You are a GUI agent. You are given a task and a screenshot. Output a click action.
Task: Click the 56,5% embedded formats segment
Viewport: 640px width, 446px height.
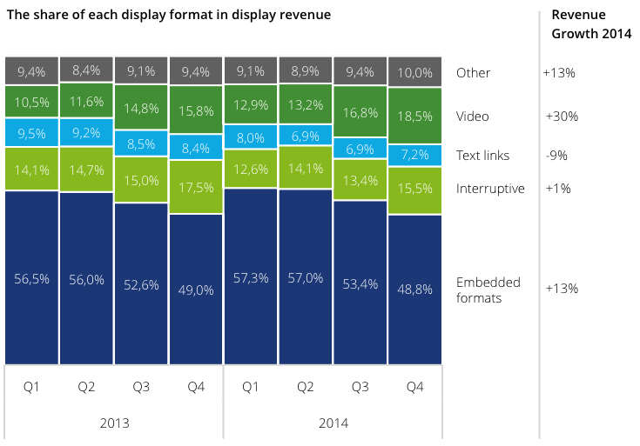(31, 278)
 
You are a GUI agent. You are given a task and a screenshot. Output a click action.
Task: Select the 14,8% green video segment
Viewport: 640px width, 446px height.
(141, 109)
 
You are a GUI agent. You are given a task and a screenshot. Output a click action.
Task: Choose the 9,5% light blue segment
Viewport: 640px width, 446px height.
(31, 134)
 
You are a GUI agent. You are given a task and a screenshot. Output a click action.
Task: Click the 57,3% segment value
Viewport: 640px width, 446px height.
(251, 278)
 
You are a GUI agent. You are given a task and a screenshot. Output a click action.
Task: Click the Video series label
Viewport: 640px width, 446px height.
(473, 116)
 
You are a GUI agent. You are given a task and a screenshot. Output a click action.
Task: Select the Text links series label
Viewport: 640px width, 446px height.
(483, 156)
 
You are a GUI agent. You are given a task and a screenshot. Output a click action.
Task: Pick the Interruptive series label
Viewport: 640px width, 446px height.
(490, 188)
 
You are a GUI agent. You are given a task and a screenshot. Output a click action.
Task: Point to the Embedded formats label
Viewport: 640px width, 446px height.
(488, 290)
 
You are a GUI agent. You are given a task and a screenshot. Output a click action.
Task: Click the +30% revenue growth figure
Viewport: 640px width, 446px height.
(562, 116)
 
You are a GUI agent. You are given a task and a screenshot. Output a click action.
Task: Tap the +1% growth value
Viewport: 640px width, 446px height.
(558, 188)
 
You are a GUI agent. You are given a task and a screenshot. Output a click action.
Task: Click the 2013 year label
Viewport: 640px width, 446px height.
(115, 423)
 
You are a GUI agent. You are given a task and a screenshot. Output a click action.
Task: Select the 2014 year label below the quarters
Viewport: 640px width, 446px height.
(333, 423)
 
